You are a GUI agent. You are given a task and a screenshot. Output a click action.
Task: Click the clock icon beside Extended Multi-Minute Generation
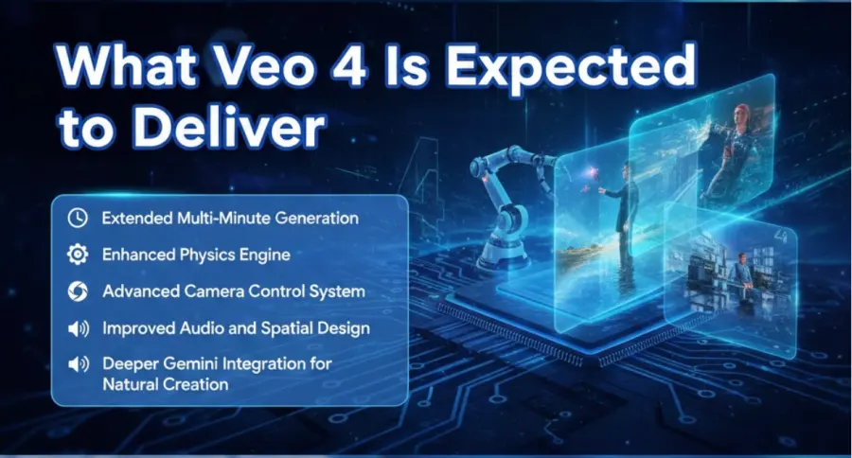coord(78,218)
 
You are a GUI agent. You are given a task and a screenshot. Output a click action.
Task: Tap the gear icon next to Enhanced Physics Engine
coord(78,255)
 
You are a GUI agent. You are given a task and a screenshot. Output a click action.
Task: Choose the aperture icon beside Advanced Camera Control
coord(78,291)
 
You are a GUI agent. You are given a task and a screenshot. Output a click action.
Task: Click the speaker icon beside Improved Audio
coord(78,328)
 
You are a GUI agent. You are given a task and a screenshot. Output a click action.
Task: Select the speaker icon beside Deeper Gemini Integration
coord(78,364)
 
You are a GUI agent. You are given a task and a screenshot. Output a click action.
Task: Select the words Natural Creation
coord(166,384)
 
